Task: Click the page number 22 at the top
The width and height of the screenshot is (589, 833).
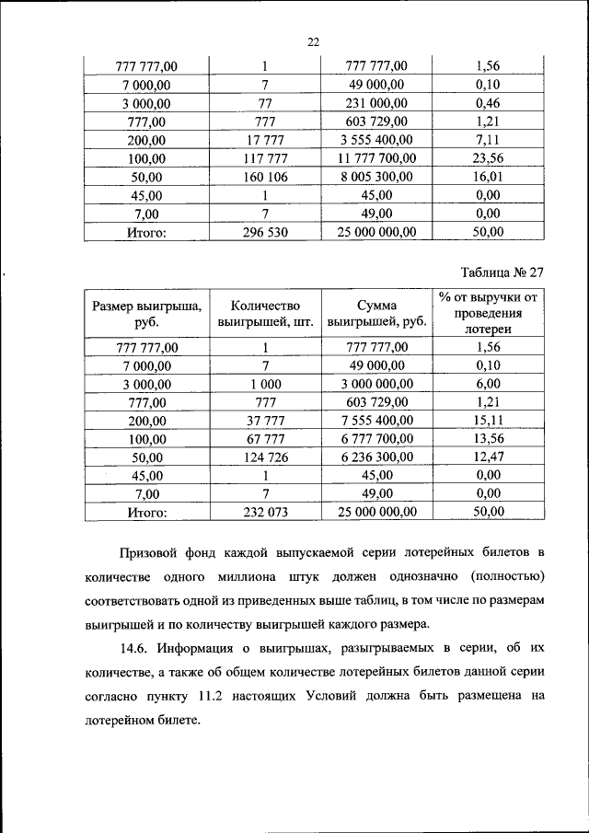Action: point(312,41)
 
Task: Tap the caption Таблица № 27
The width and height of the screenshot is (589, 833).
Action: point(498,272)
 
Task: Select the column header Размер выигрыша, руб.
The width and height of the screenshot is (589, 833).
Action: point(145,314)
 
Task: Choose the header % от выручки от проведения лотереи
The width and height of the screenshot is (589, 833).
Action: point(488,313)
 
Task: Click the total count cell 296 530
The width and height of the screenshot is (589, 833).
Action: point(263,233)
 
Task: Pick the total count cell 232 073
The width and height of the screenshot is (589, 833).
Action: point(263,511)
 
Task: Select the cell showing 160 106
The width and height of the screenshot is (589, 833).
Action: point(263,177)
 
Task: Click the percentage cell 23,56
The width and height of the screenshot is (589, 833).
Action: point(488,158)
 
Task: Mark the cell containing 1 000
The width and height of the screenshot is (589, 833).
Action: point(263,383)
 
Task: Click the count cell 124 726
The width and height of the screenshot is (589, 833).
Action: point(263,457)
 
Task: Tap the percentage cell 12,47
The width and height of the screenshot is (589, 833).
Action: point(488,457)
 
